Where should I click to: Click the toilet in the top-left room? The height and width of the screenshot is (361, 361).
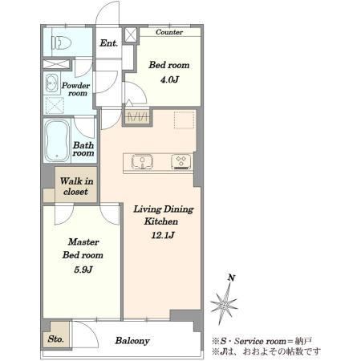pyautogui.click(x=61, y=43)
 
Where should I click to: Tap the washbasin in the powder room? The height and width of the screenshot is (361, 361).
pyautogui.click(x=51, y=83)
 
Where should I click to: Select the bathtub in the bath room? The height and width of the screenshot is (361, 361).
pyautogui.click(x=57, y=140)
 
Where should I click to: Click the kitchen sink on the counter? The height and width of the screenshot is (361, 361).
pyautogui.click(x=142, y=161)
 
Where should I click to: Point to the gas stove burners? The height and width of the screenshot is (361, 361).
pyautogui.click(x=181, y=161)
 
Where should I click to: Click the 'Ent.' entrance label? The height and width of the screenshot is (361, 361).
pyautogui.click(x=108, y=43)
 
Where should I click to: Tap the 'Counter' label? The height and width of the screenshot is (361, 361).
pyautogui.click(x=169, y=32)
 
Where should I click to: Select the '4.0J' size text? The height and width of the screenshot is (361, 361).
pyautogui.click(x=169, y=79)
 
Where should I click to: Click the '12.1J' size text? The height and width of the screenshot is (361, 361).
pyautogui.click(x=163, y=235)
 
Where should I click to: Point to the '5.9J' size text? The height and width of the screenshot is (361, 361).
pyautogui.click(x=83, y=270)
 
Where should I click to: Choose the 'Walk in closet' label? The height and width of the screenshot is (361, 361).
pyautogui.click(x=76, y=186)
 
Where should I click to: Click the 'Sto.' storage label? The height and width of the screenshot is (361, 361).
pyautogui.click(x=56, y=339)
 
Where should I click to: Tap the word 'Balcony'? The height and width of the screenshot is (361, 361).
pyautogui.click(x=132, y=341)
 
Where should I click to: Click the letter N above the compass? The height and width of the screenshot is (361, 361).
pyautogui.click(x=231, y=278)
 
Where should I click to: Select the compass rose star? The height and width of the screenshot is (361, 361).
pyautogui.click(x=224, y=304)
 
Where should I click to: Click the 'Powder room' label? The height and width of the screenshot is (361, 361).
pyautogui.click(x=75, y=89)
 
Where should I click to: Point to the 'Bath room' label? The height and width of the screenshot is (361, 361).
pyautogui.click(x=83, y=149)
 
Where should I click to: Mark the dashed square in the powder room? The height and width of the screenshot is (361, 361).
pyautogui.click(x=55, y=106)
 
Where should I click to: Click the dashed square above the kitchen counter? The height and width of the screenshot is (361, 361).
pyautogui.click(x=184, y=120)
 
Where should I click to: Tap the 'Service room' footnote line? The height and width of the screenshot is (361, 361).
pyautogui.click(x=262, y=341)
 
